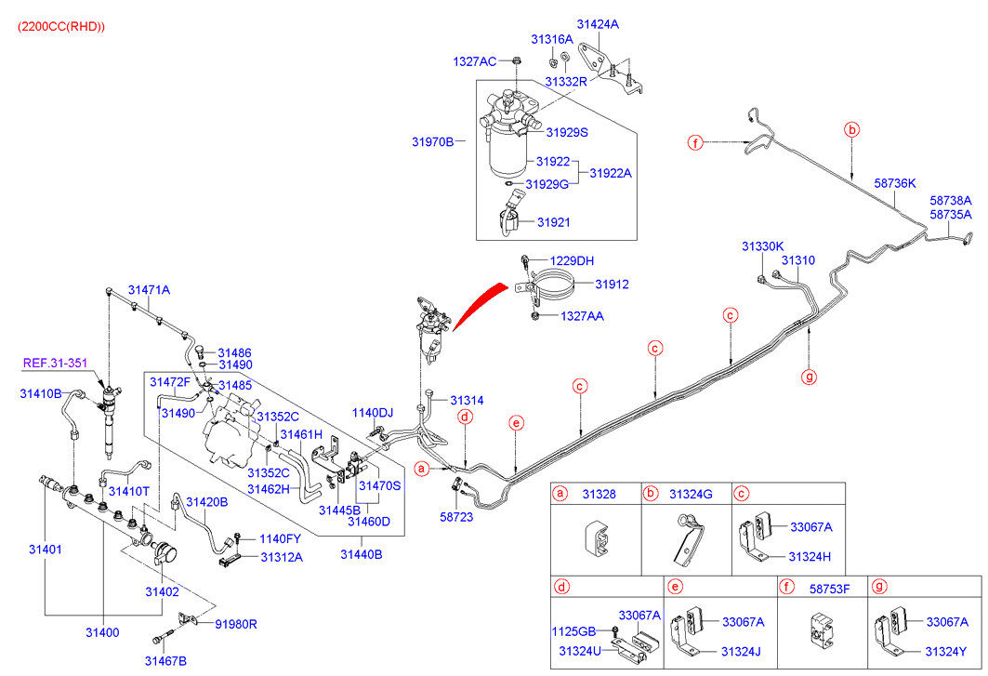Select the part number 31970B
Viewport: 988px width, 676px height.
pyautogui.click(x=432, y=142)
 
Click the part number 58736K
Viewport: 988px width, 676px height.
pyautogui.click(x=895, y=183)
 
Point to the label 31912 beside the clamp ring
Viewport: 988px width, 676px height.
pyautogui.click(x=612, y=285)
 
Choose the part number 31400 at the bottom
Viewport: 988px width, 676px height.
pyautogui.click(x=102, y=632)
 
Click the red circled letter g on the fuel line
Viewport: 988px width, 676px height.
pyautogui.click(x=810, y=377)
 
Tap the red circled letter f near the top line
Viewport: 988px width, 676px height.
pyautogui.click(x=693, y=142)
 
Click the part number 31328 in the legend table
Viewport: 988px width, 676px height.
pyautogui.click(x=600, y=493)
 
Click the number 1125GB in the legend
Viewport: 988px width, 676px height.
pyautogui.click(x=571, y=631)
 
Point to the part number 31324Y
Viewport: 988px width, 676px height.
pyautogui.click(x=946, y=650)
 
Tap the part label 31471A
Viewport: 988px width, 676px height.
pyautogui.click(x=149, y=290)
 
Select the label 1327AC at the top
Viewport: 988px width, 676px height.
pyautogui.click(x=474, y=61)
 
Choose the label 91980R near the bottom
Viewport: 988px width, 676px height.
pyautogui.click(x=235, y=624)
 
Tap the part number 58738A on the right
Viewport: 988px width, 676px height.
pyautogui.click(x=951, y=200)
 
